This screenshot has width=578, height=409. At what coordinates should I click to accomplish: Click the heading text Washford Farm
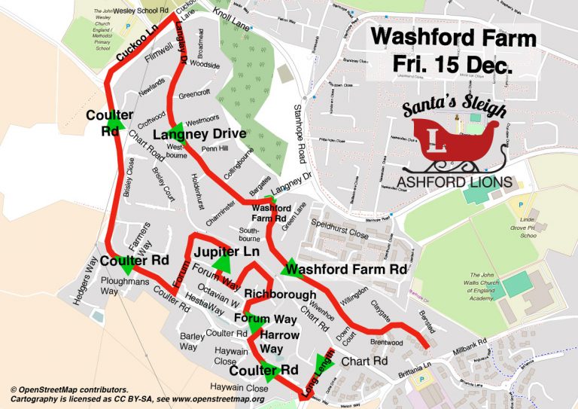pos(453,38)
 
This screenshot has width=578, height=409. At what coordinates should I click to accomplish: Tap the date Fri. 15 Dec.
pos(453,65)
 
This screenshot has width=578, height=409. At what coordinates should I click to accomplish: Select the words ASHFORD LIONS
pos(455,182)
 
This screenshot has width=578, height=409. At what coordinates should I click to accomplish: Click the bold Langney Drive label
pos(199,134)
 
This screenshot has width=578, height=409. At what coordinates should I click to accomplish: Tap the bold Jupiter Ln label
pos(227,251)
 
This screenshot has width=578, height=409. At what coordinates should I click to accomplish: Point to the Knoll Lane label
pos(230,17)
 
